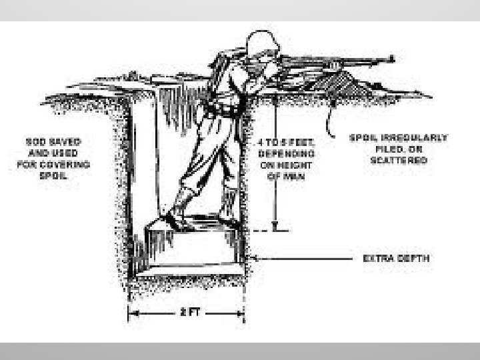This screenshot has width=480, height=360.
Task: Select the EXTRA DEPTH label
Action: click(x=396, y=258)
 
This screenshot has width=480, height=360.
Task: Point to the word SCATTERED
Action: click(x=398, y=161)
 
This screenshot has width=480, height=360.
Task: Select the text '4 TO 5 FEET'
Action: click(x=282, y=142)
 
